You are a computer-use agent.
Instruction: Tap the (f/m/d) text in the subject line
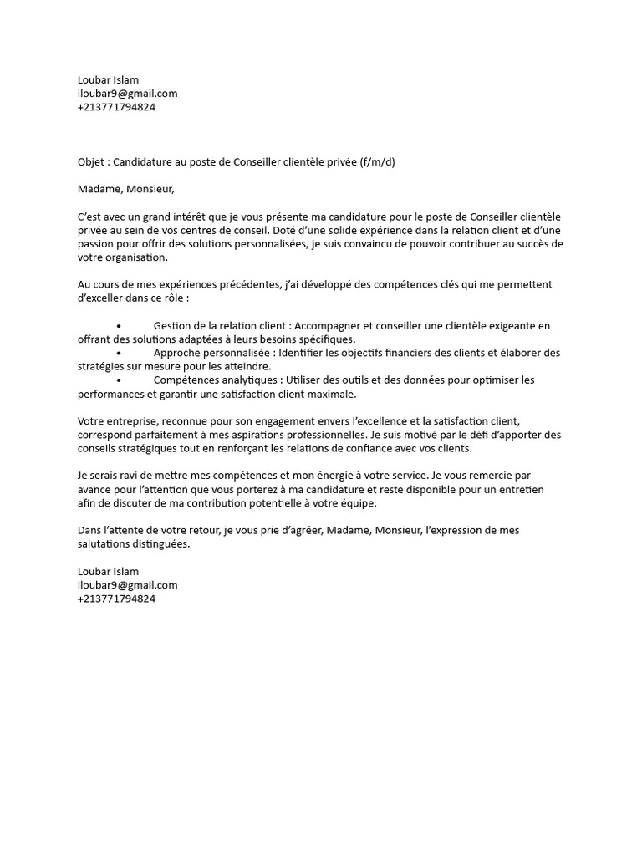(x=378, y=161)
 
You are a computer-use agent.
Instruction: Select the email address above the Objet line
(x=127, y=94)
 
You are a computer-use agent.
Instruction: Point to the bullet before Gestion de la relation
(x=120, y=326)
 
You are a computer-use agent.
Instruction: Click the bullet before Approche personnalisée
(x=120, y=353)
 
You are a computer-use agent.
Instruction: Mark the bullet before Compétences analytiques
(x=120, y=380)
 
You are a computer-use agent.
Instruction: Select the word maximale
(x=330, y=394)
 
